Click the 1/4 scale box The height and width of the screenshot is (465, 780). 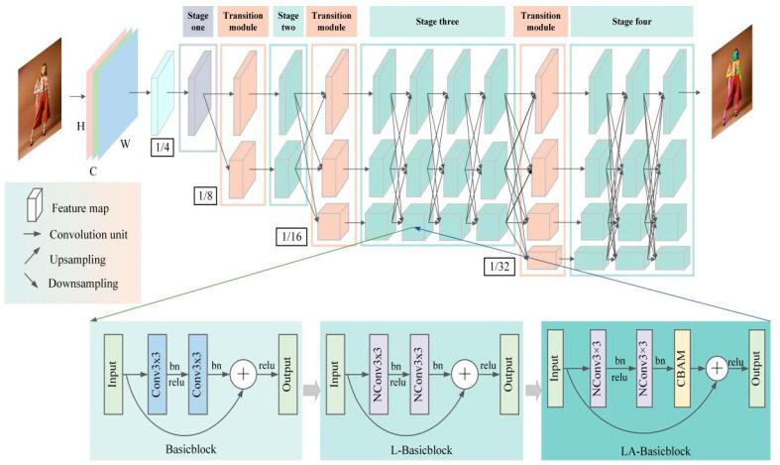[163, 148]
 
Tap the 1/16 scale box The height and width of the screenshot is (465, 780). [293, 237]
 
